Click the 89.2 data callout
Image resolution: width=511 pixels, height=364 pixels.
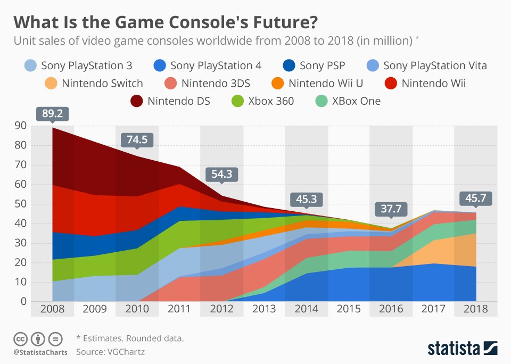(x=52, y=113)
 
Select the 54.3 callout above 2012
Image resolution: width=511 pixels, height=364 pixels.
(x=221, y=174)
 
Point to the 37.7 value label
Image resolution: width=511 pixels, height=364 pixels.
(x=391, y=209)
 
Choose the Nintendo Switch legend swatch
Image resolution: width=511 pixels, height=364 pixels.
(x=51, y=83)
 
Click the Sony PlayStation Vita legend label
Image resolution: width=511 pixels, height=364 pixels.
(x=435, y=66)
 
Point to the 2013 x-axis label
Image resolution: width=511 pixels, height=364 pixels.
(x=264, y=309)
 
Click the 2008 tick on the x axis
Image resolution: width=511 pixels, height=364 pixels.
(x=52, y=309)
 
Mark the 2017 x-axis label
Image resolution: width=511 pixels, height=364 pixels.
(x=433, y=309)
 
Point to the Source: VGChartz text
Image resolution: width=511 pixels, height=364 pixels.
(x=110, y=351)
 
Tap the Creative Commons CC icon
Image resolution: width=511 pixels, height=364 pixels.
(x=20, y=338)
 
